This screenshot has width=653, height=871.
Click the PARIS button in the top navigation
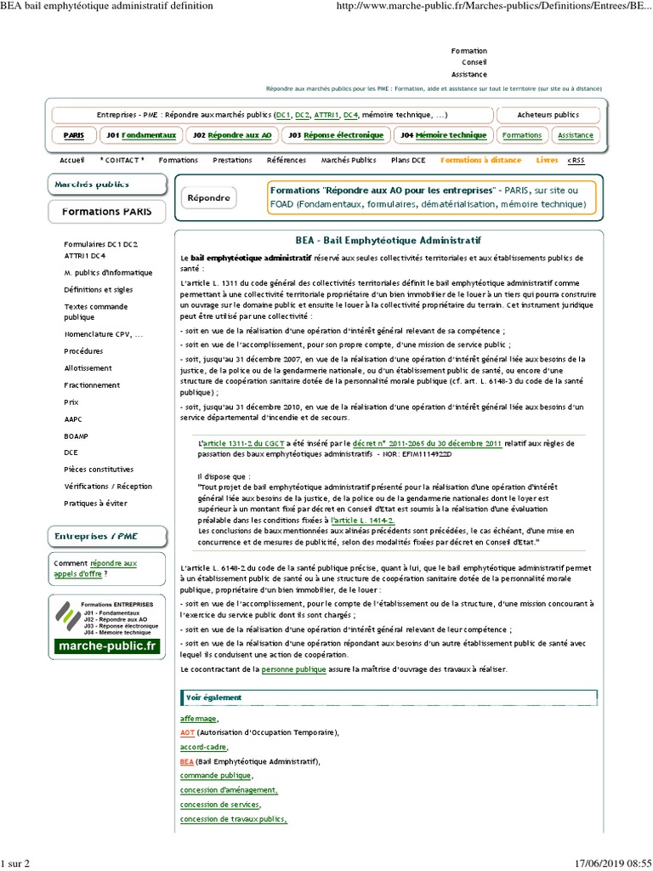point(74,135)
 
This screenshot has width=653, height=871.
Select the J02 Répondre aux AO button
point(232,135)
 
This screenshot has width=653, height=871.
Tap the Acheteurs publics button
point(548,115)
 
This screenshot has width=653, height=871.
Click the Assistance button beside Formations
point(576,135)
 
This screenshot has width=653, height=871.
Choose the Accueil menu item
point(72,160)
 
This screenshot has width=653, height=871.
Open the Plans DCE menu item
point(408,160)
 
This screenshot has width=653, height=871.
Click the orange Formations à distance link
point(480,160)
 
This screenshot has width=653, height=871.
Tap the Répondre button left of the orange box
point(208,198)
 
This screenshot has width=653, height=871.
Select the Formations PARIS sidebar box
point(107,211)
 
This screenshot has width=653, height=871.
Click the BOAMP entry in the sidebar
point(77,436)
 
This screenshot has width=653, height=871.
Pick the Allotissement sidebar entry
point(88,368)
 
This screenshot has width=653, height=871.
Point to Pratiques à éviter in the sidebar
point(96,504)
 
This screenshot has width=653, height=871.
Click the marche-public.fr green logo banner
point(106,646)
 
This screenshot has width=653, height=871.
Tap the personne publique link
point(294,670)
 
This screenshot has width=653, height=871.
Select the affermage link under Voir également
point(199,719)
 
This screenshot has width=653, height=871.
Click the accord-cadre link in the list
point(203,747)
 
